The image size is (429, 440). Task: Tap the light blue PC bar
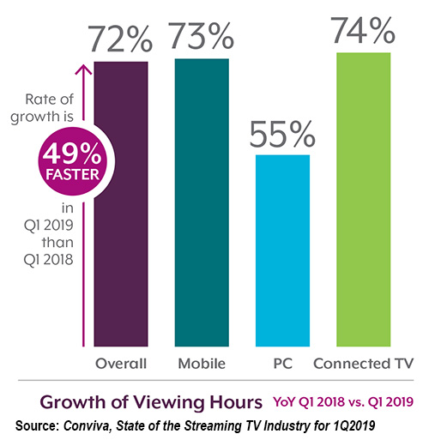pos(282,249)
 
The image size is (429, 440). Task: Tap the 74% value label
pos(364,31)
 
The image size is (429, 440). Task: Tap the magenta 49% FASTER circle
pos(60,162)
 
